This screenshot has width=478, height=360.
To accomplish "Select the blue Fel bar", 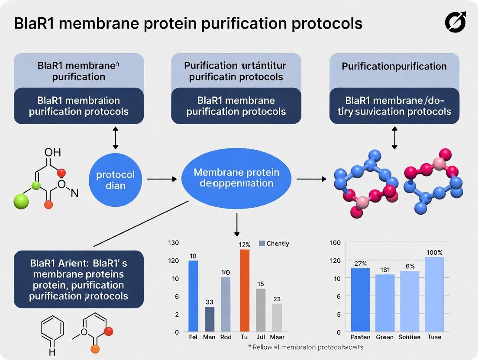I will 194,296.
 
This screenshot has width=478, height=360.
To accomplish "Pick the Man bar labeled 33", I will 210,319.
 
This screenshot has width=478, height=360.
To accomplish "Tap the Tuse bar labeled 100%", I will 434,294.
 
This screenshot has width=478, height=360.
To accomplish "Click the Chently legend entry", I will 274,244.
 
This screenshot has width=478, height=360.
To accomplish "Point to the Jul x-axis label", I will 260,337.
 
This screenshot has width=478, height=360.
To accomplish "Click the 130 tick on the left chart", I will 173,243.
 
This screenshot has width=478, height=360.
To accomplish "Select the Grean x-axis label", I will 384,337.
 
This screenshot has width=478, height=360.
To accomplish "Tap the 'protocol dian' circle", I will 116,180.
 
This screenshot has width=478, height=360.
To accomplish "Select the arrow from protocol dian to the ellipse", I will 162,178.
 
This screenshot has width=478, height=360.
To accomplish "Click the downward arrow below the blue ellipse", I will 237,225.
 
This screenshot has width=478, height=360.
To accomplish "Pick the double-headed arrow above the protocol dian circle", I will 115,138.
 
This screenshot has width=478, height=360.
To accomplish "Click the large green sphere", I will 20,202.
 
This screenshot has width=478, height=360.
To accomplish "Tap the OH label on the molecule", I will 53,152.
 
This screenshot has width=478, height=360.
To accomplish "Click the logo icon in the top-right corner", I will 455,22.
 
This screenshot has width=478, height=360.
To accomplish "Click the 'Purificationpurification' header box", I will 394,67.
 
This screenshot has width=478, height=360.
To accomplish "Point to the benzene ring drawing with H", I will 52,333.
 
